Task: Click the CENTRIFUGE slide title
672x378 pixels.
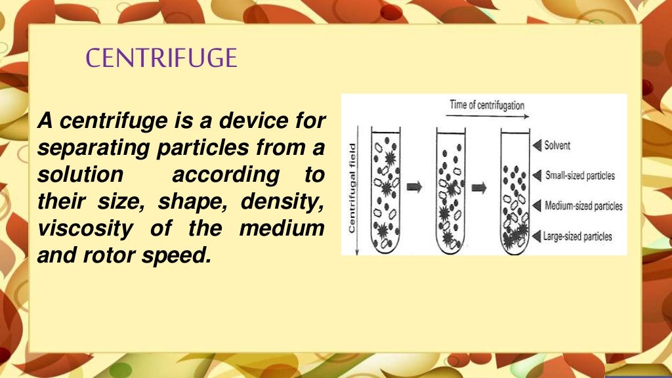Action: pyautogui.click(x=161, y=58)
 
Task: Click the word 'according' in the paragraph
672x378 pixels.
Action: pyautogui.click(x=215, y=176)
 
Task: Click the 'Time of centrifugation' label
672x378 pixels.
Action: pyautogui.click(x=487, y=104)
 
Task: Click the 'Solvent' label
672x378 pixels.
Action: pyautogui.click(x=557, y=145)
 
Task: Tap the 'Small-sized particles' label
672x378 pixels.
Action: pyautogui.click(x=579, y=175)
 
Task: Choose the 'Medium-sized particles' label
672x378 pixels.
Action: pyautogui.click(x=583, y=206)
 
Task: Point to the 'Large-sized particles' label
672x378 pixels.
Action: pyautogui.click(x=577, y=236)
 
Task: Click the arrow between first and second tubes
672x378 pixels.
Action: pyautogui.click(x=415, y=188)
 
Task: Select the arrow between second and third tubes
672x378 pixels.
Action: pyautogui.click(x=479, y=188)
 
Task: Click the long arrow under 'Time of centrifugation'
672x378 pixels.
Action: pyautogui.click(x=487, y=115)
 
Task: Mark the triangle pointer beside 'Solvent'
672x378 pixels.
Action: pyautogui.click(x=535, y=145)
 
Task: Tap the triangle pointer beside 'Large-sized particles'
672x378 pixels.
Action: pyautogui.click(x=535, y=236)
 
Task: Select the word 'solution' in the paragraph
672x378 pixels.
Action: pyautogui.click(x=80, y=176)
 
